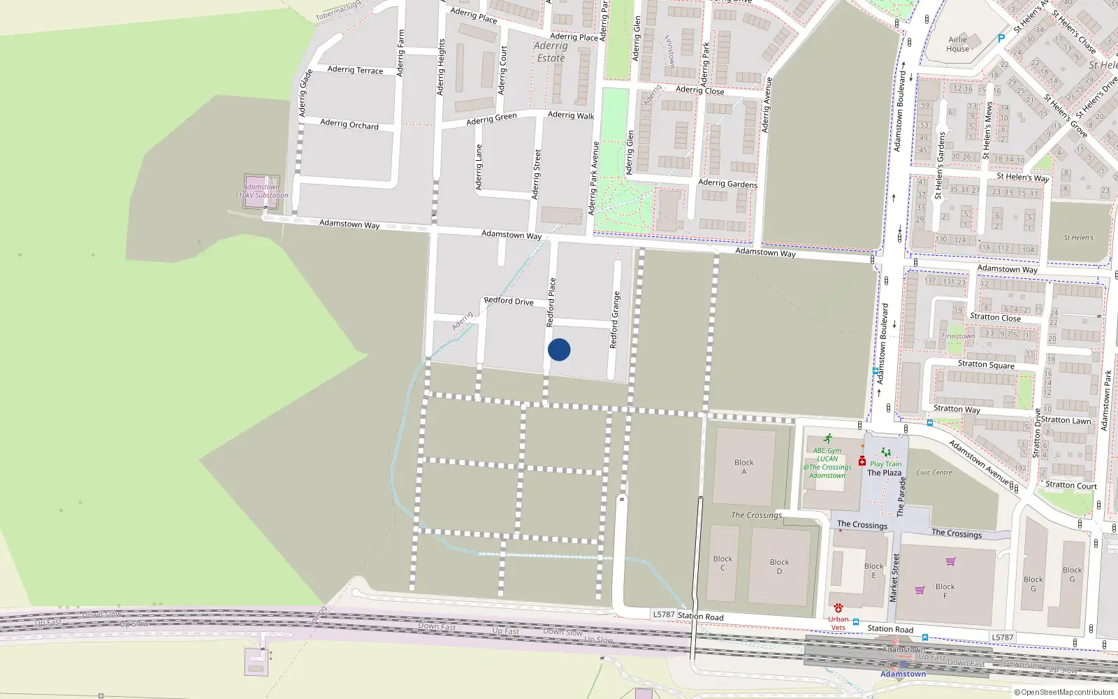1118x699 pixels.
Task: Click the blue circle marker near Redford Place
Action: click(x=559, y=349)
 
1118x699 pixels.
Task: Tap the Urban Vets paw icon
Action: click(x=838, y=608)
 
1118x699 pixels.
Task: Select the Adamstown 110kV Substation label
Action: click(x=261, y=191)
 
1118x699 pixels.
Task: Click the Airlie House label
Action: click(x=958, y=44)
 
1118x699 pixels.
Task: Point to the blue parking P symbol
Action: click(x=1001, y=39)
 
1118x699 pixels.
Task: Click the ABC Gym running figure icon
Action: click(x=828, y=439)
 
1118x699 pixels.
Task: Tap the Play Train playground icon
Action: click(x=886, y=452)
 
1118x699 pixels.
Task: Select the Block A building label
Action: click(x=744, y=466)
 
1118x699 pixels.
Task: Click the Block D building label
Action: click(x=779, y=566)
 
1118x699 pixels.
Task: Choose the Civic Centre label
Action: click(x=934, y=473)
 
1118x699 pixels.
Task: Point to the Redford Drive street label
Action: click(x=509, y=301)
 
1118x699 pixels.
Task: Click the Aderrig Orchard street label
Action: click(x=349, y=124)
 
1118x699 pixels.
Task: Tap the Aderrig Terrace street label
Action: click(x=355, y=70)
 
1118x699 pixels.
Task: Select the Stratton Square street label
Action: click(x=986, y=364)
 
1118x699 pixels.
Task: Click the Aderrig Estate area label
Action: click(x=551, y=52)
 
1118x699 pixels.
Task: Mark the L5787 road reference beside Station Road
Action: click(x=664, y=614)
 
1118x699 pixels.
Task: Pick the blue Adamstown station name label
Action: click(x=903, y=674)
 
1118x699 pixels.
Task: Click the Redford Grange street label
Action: click(x=614, y=320)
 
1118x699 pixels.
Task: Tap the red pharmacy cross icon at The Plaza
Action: click(x=862, y=461)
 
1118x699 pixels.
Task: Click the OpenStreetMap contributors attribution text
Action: click(x=1063, y=692)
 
